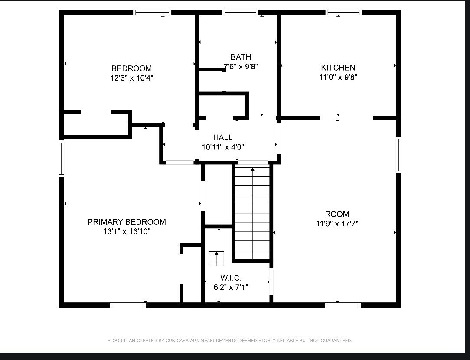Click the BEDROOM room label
click(x=131, y=68)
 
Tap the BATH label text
click(x=241, y=57)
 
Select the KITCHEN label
click(x=338, y=68)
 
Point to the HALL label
click(x=223, y=137)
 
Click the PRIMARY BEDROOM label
click(x=127, y=222)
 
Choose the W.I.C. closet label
click(x=231, y=278)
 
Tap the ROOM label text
click(x=337, y=214)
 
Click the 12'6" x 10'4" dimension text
click(x=131, y=78)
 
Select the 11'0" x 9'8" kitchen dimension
click(x=338, y=77)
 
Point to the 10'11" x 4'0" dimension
click(x=223, y=147)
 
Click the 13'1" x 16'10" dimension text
click(x=127, y=231)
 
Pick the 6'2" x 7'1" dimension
click(x=231, y=287)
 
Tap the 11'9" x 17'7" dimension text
click(x=337, y=224)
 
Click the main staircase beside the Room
click(x=252, y=213)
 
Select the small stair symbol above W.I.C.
click(x=216, y=259)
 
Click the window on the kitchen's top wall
click(x=343, y=12)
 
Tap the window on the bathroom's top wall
click(x=240, y=12)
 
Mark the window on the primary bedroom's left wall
click(x=61, y=158)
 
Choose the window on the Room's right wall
click(x=398, y=155)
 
